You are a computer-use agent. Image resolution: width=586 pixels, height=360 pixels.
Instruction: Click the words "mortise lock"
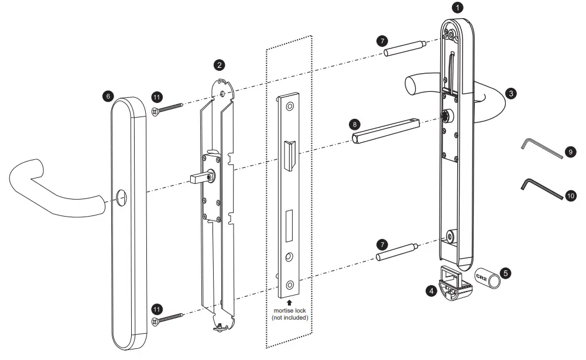pyautogui.click(x=289, y=310)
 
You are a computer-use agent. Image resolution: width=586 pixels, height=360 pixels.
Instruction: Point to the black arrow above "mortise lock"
pyautogui.click(x=289, y=301)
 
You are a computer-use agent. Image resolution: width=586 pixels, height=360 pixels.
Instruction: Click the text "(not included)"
pyautogui.click(x=289, y=317)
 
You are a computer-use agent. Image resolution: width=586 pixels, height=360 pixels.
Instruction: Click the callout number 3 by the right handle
pyautogui.click(x=512, y=92)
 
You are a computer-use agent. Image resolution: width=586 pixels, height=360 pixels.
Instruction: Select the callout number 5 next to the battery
pyautogui.click(x=505, y=273)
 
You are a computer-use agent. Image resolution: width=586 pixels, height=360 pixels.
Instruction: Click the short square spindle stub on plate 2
pyautogui.click(x=198, y=176)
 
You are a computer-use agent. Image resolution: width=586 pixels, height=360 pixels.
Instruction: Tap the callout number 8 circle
pyautogui.click(x=353, y=124)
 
